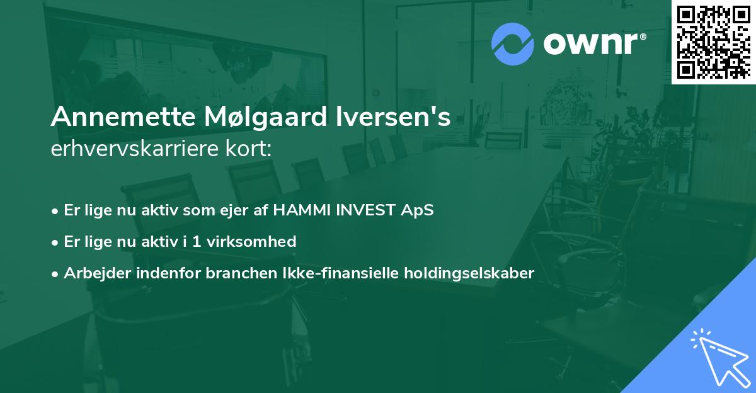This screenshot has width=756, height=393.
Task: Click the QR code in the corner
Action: (713, 42)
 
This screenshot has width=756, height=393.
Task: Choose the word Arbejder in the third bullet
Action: (92, 273)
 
